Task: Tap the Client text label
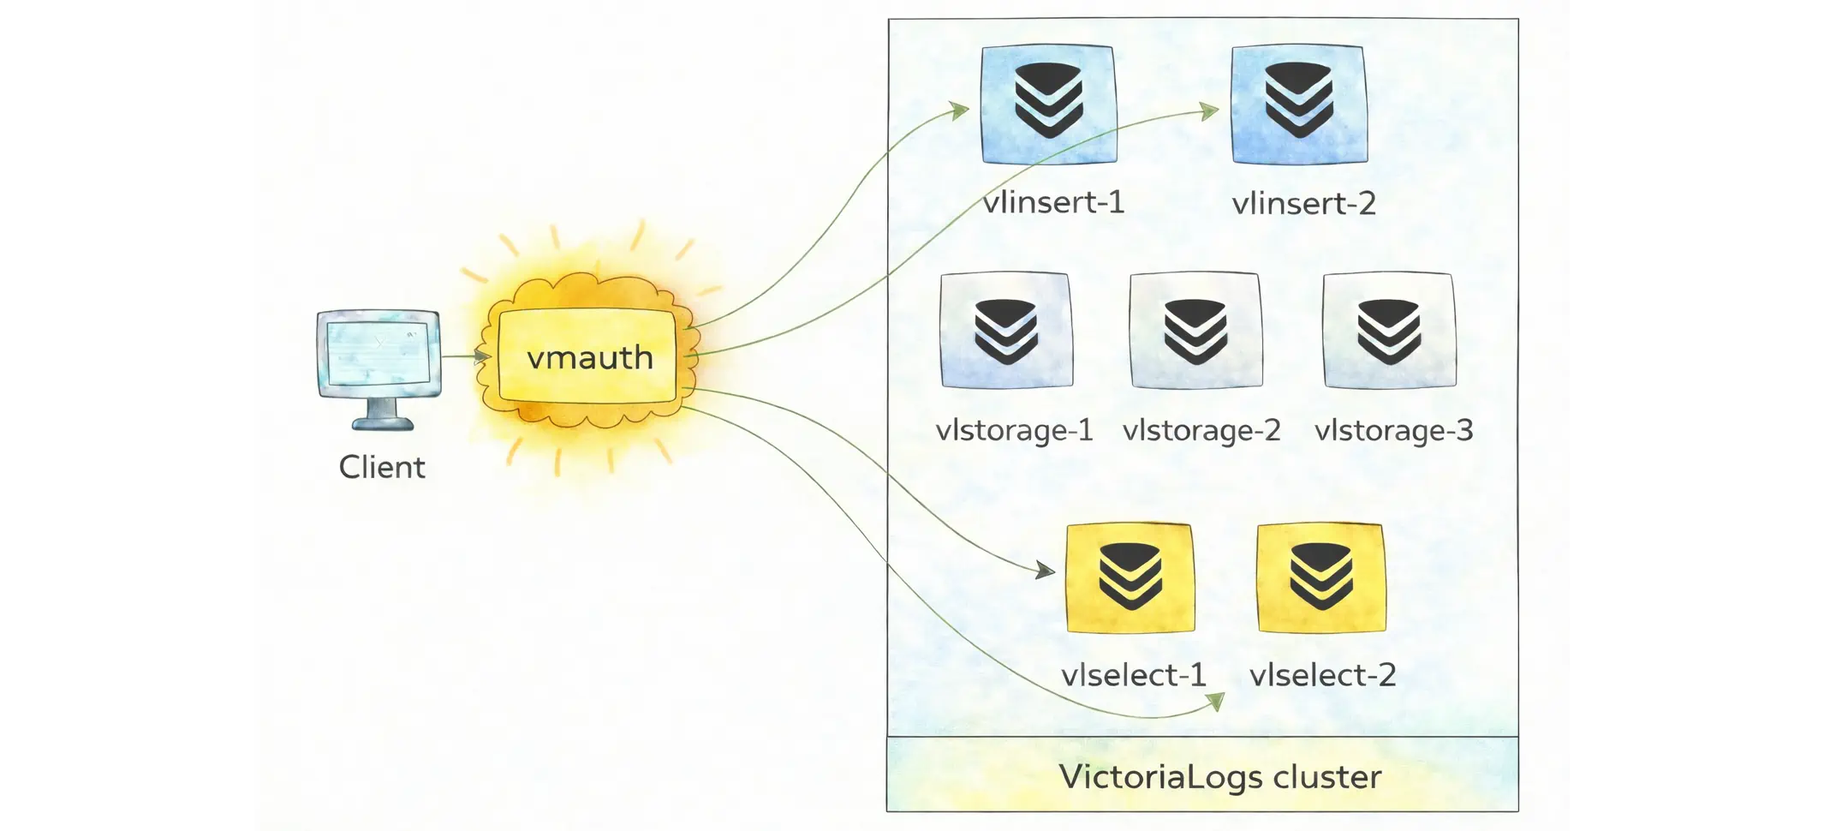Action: point(382,468)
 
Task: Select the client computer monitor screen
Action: point(379,353)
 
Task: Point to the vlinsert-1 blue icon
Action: point(1048,105)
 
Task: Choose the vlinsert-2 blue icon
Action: point(1298,105)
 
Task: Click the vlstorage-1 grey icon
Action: point(1006,331)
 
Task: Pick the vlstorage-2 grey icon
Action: point(1195,331)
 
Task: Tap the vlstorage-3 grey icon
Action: point(1389,331)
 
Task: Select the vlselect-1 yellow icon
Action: point(1130,578)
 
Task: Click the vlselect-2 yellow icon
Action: point(1321,578)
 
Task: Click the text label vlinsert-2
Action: point(1303,204)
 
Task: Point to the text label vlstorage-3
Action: point(1393,430)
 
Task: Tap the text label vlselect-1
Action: point(1133,675)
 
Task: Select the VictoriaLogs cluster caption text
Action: point(1219,776)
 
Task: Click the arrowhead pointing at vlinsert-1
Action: point(961,110)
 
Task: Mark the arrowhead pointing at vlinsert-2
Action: point(1210,111)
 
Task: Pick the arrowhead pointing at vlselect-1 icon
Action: point(1046,570)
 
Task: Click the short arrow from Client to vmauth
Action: point(467,356)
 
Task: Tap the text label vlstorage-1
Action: point(1014,430)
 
